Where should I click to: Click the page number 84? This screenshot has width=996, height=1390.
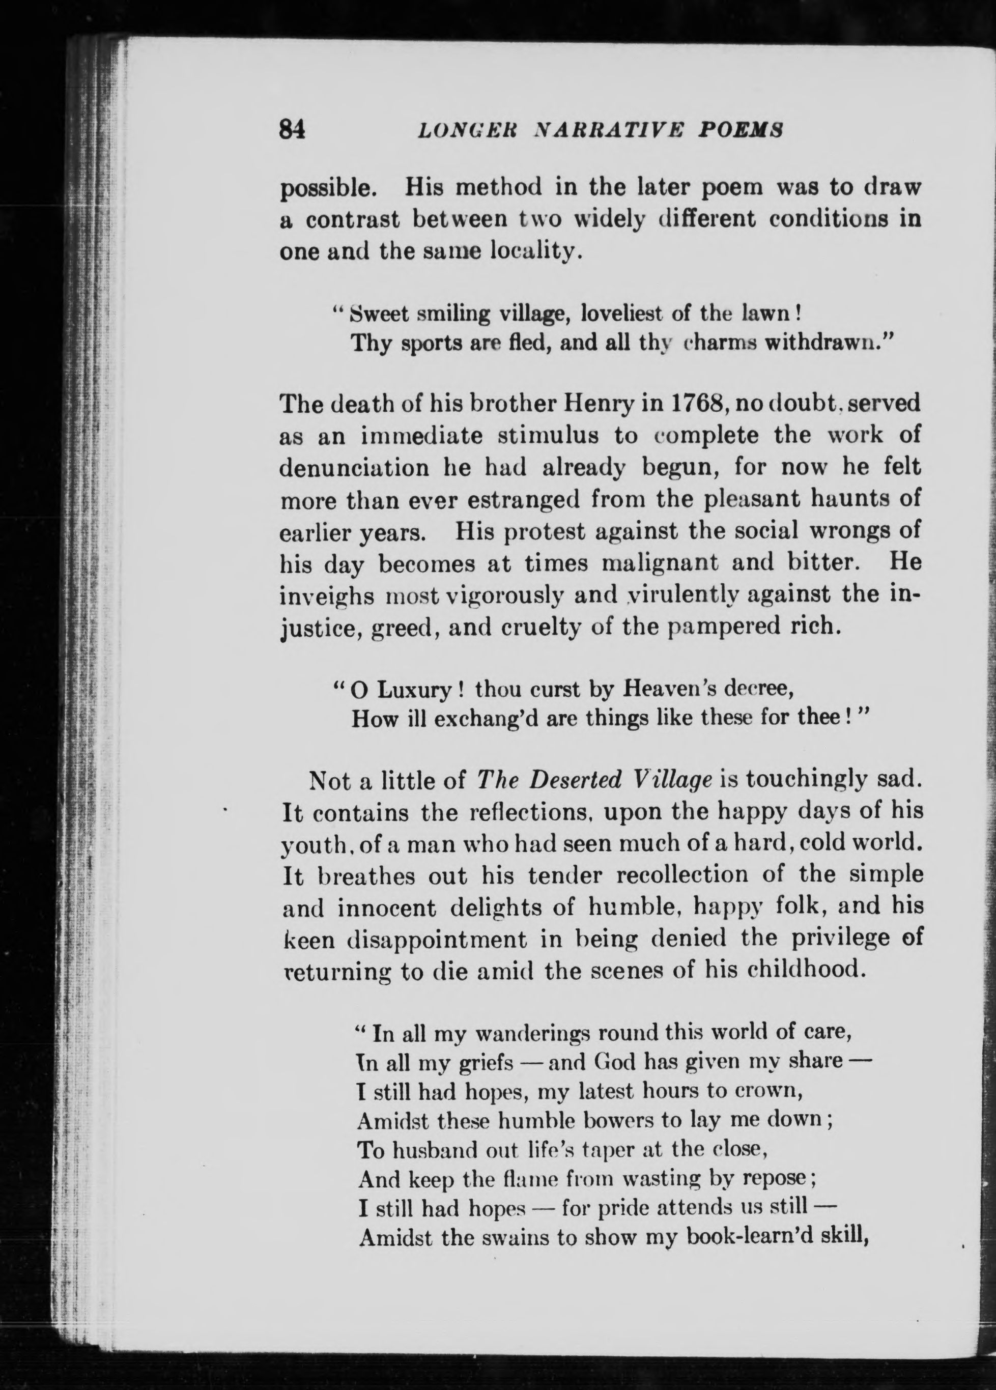tap(292, 130)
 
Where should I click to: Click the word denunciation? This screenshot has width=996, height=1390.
tap(354, 468)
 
